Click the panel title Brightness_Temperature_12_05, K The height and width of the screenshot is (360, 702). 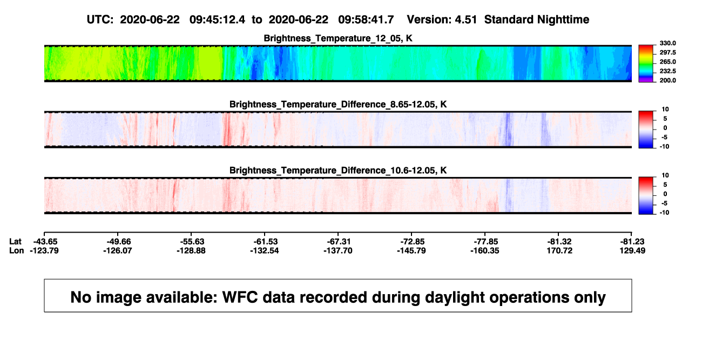pyautogui.click(x=338, y=38)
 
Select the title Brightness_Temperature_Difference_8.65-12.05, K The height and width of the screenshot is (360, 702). pyautogui.click(x=338, y=104)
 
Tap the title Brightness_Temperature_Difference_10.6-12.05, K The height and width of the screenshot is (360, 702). pyautogui.click(x=338, y=171)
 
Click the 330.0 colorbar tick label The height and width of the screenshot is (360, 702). pyautogui.click(x=667, y=43)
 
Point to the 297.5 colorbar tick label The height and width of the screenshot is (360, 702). pyautogui.click(x=667, y=52)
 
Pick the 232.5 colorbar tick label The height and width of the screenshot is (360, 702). pyautogui.click(x=667, y=71)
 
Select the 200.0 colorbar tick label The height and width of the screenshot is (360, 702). pyautogui.click(x=667, y=80)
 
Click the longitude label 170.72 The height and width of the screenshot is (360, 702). pyautogui.click(x=559, y=250)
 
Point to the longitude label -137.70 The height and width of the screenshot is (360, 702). pyautogui.click(x=338, y=250)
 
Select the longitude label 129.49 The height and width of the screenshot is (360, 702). pyautogui.click(x=632, y=250)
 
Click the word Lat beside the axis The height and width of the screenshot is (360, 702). pyautogui.click(x=15, y=242)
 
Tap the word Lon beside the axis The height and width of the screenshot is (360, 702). pyautogui.click(x=16, y=250)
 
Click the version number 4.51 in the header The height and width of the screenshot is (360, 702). pyautogui.click(x=465, y=19)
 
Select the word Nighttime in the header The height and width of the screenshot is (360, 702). pyautogui.click(x=563, y=19)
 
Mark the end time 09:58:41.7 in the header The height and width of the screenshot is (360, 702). pyautogui.click(x=366, y=19)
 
